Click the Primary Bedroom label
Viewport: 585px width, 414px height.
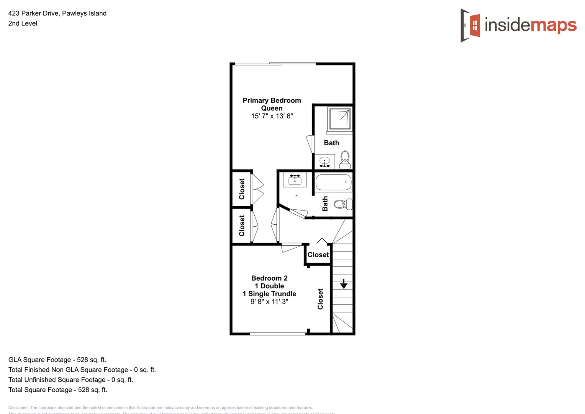coord(272,100)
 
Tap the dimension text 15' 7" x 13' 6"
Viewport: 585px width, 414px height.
coord(272,116)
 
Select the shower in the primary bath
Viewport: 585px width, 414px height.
coord(339,119)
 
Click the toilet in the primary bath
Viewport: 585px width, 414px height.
coord(345,160)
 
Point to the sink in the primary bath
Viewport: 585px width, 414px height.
coord(325,162)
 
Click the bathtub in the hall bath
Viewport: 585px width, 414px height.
coord(333,182)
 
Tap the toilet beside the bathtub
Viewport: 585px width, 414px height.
coord(342,204)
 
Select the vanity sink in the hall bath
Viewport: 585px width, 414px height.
coord(295,179)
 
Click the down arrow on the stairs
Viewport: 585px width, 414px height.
coord(344,284)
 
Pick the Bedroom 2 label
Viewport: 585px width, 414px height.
coord(269,278)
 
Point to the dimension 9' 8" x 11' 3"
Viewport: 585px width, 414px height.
coord(269,302)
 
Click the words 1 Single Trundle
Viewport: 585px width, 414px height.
coord(269,294)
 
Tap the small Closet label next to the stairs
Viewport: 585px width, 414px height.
coord(318,255)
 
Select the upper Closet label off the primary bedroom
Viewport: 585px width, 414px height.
coord(242,189)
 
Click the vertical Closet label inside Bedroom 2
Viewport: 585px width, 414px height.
coord(321,299)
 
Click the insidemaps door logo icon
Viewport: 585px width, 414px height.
coord(471,26)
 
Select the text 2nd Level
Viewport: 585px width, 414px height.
coord(23,23)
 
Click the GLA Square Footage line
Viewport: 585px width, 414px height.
coord(57,360)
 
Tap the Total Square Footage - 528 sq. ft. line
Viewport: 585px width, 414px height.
coord(58,390)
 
